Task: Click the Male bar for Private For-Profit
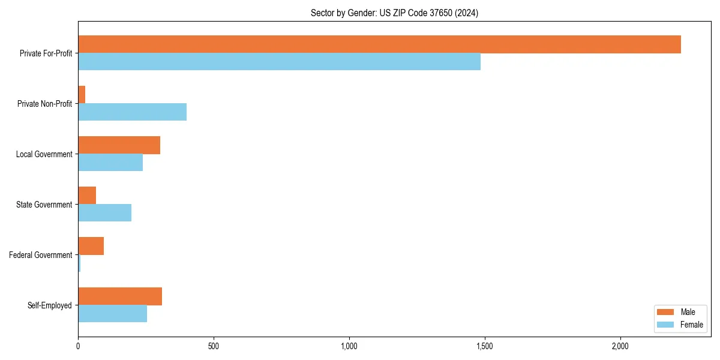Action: [x=379, y=44]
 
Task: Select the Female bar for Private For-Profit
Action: [x=279, y=62]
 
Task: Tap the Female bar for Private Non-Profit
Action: [x=132, y=112]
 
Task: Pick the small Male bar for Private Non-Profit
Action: [x=82, y=95]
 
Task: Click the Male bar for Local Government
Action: [x=119, y=145]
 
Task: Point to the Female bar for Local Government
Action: [x=110, y=163]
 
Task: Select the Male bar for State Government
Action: [x=87, y=196]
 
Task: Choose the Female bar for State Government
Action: [x=104, y=213]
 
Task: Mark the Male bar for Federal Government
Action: [x=91, y=246]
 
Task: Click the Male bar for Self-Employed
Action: [x=120, y=296]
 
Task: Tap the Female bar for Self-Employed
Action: [x=112, y=314]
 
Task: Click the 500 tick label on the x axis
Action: [x=213, y=346]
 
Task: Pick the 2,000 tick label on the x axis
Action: [x=620, y=346]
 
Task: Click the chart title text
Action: [x=394, y=13]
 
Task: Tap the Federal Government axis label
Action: [x=41, y=255]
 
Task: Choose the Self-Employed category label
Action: [x=50, y=305]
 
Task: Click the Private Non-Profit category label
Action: [x=44, y=104]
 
